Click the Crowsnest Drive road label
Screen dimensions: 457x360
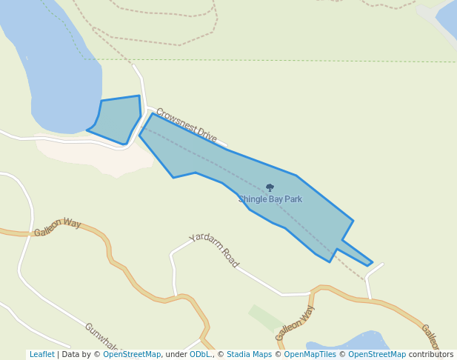(186, 125)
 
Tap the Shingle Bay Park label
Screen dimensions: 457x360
(270, 199)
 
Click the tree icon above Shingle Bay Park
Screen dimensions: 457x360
(270, 187)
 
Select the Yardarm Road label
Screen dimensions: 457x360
(214, 250)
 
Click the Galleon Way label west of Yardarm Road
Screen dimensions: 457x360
(57, 227)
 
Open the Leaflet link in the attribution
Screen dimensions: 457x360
(41, 355)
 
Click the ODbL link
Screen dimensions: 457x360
(200, 355)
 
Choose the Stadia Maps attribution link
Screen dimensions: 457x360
(249, 355)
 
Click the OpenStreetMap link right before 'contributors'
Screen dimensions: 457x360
(377, 355)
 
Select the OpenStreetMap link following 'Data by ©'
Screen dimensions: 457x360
(132, 355)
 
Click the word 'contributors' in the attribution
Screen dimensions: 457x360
(431, 355)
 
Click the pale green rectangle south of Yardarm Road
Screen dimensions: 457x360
(265, 317)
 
